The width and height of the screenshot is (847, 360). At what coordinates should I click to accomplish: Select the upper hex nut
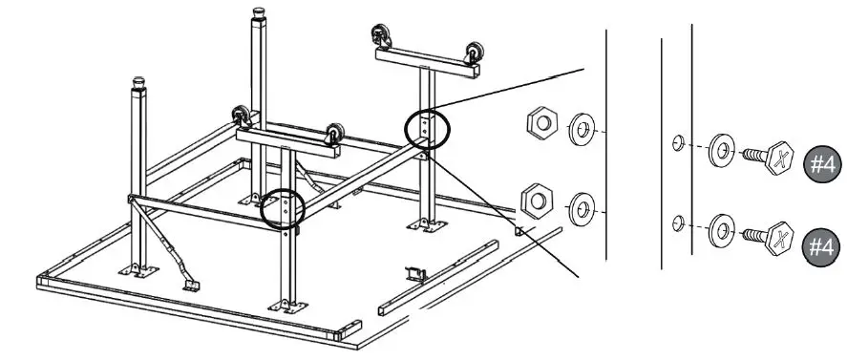tap(541, 123)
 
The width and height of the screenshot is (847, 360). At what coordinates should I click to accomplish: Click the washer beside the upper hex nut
tap(581, 129)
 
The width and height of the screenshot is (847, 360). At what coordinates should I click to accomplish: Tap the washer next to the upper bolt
tap(721, 151)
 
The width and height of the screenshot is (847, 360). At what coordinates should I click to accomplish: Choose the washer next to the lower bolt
tap(721, 229)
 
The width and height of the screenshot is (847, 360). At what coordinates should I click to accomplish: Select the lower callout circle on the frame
tap(284, 208)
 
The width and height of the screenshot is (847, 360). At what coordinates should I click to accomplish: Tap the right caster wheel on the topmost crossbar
tap(472, 53)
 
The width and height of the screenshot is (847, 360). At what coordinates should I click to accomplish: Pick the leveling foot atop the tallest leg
tap(258, 14)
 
